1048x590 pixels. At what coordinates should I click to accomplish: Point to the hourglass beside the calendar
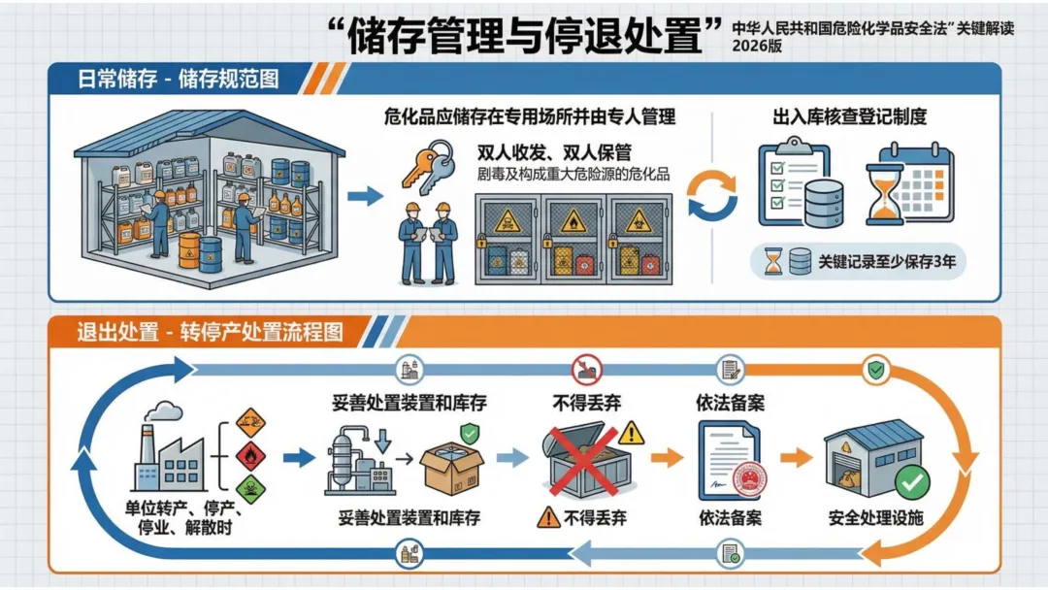pyautogui.click(x=884, y=194)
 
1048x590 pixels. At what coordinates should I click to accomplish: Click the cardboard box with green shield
pyautogui.click(x=453, y=461)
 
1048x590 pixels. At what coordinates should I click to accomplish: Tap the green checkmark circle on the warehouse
pyautogui.click(x=911, y=481)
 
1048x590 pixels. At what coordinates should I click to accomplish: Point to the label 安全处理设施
pyautogui.click(x=875, y=518)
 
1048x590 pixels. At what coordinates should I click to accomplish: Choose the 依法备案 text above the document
pyautogui.click(x=730, y=403)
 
